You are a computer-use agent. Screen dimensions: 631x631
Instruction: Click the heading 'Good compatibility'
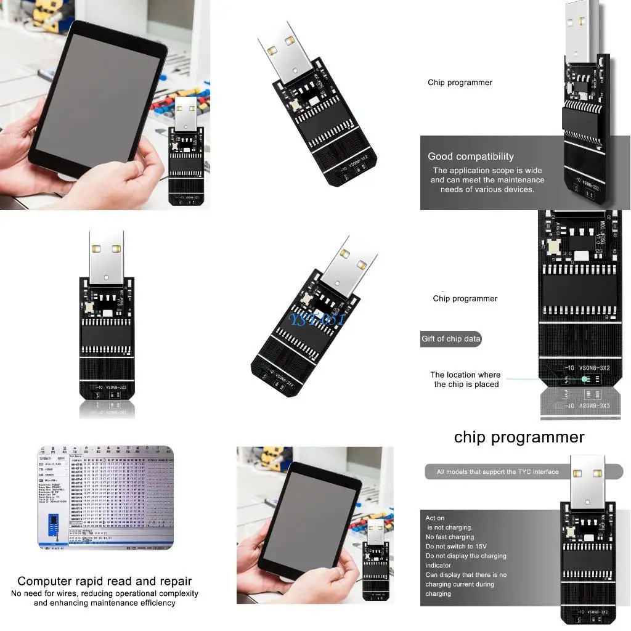point(471,157)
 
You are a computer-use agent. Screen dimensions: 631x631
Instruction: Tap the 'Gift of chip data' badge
point(450,339)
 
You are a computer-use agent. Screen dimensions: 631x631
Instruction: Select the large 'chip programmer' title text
point(519,437)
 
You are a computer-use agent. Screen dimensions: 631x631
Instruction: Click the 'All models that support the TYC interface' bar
point(498,472)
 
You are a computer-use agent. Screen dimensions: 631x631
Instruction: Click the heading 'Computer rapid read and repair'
point(105,581)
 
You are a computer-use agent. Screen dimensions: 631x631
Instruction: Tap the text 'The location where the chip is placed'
point(465,380)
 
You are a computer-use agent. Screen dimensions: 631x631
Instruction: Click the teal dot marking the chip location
point(584,380)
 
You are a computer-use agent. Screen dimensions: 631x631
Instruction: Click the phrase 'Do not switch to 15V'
point(456,547)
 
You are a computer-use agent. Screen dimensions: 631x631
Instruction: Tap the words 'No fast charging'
point(450,537)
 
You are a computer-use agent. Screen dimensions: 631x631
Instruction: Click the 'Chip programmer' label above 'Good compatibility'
point(460,83)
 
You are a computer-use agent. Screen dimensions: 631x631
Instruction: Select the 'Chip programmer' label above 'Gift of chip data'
point(465,299)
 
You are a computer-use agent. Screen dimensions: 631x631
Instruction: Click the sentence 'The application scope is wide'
point(487,171)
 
